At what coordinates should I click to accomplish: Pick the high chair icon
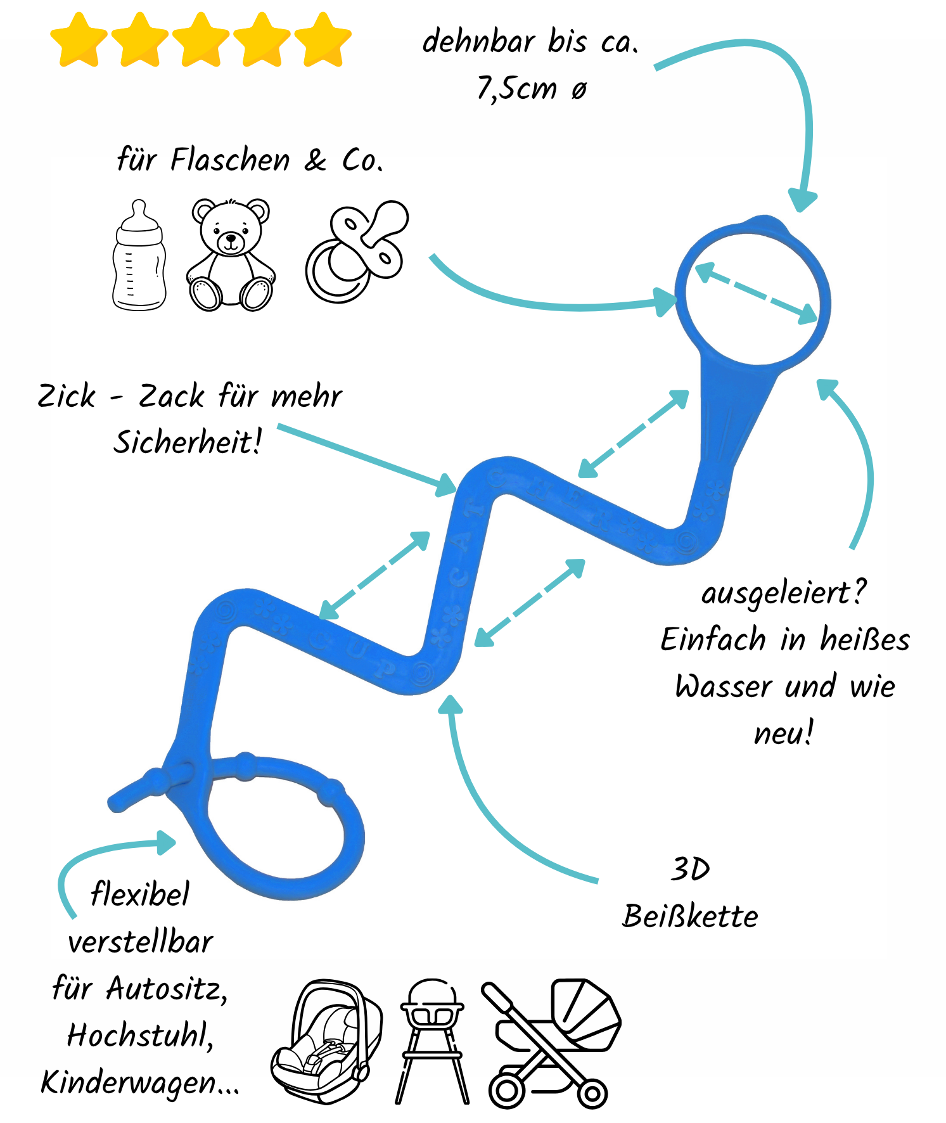pyautogui.click(x=432, y=1039)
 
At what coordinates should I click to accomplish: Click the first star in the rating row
pyautogui.click(x=79, y=40)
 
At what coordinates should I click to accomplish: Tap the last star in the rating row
pyautogui.click(x=323, y=40)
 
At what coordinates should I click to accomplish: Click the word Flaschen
pyautogui.click(x=230, y=160)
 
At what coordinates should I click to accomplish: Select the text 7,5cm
pyautogui.click(x=516, y=88)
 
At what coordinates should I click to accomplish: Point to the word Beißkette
pyautogui.click(x=690, y=916)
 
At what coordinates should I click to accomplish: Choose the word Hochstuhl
pyautogui.click(x=139, y=1036)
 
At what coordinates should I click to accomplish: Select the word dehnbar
pyautogui.click(x=479, y=42)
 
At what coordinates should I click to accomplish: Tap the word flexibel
pyautogui.click(x=140, y=894)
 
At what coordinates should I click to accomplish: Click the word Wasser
pyautogui.click(x=724, y=686)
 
